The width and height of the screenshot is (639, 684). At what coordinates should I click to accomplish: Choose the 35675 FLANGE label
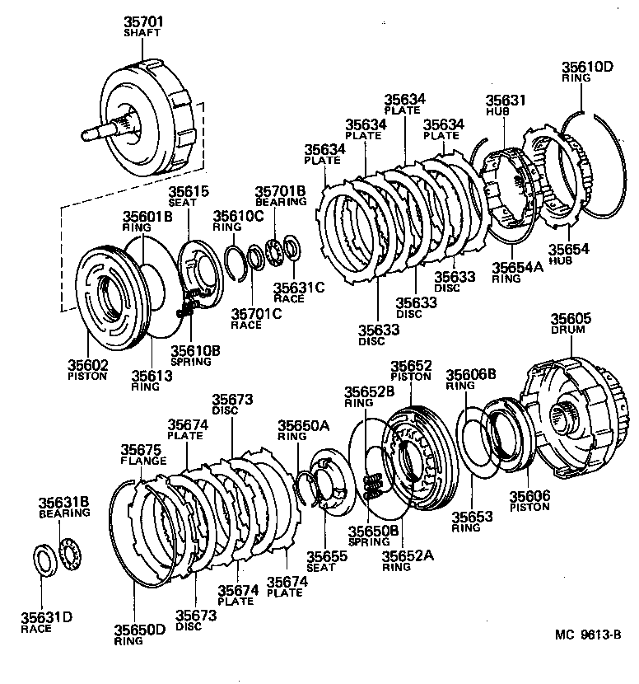143,455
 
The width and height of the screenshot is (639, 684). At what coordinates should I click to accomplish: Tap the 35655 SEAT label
327,562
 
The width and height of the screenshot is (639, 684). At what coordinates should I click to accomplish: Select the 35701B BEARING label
280,195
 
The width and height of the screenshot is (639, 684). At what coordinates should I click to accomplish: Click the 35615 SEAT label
182,198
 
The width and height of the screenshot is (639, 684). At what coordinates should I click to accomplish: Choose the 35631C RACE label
288,292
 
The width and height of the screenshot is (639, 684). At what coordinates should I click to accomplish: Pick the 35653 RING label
472,522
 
